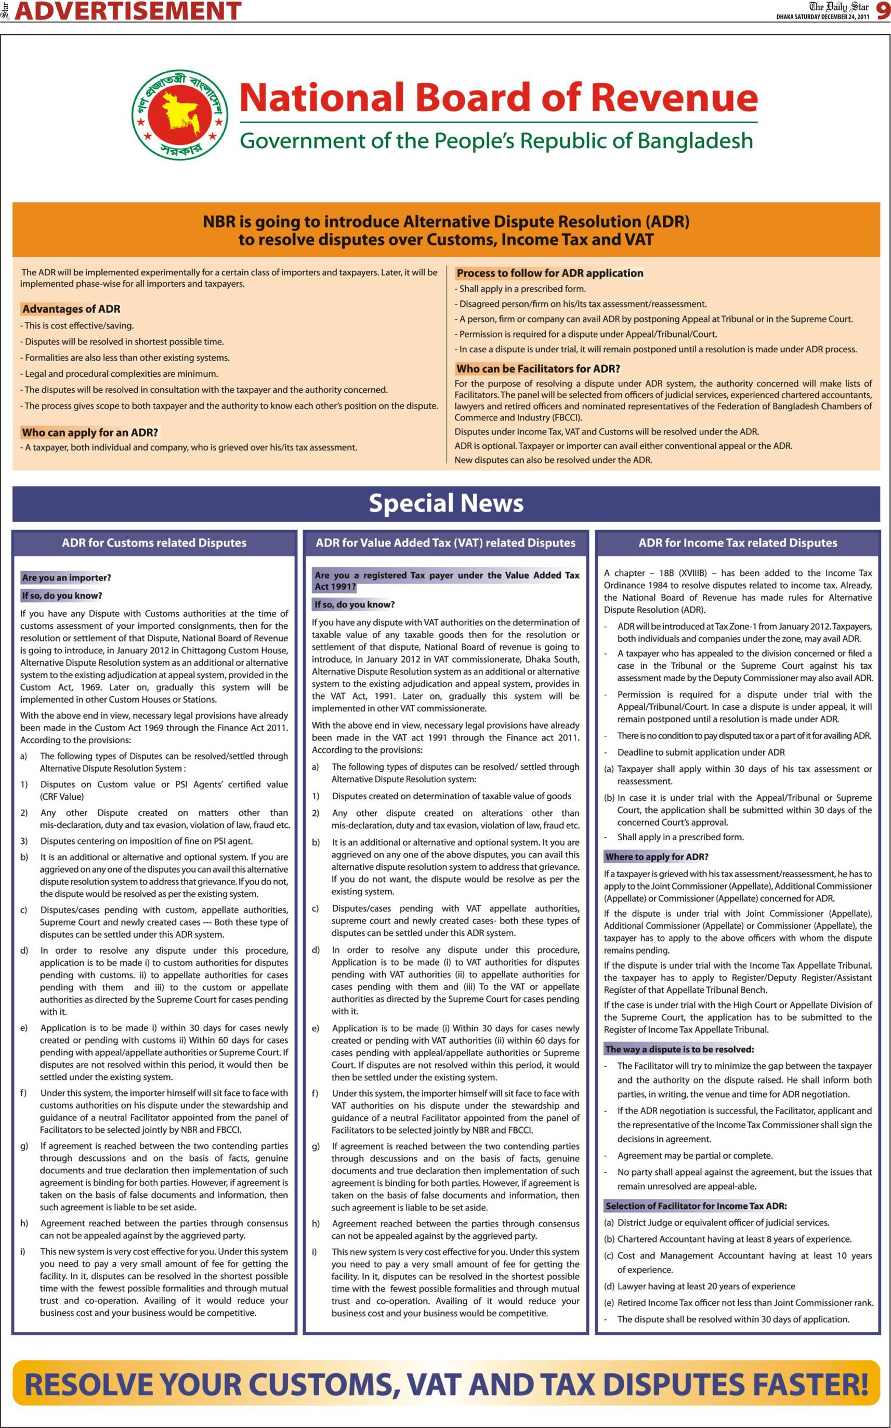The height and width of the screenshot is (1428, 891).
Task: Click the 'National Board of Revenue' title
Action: (498, 98)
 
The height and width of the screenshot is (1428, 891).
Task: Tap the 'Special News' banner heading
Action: (445, 503)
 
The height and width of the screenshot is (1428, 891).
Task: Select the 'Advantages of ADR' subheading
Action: (71, 309)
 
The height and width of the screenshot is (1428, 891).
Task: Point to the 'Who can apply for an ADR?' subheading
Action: (90, 432)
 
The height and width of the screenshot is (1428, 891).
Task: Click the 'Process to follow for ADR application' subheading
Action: (550, 273)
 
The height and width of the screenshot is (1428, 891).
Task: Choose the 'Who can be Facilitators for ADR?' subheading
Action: (538, 369)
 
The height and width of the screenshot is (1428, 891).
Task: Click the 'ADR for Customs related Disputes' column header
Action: (154, 543)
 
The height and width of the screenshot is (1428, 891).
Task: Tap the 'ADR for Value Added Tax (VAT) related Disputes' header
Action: (445, 543)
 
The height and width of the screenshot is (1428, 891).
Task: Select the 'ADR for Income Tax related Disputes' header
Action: (737, 543)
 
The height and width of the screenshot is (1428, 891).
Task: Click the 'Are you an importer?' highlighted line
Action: (67, 577)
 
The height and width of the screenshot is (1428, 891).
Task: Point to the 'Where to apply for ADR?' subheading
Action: (657, 856)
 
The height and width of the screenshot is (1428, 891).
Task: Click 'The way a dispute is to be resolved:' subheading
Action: (679, 1049)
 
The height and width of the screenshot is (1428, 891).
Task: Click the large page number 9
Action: (882, 11)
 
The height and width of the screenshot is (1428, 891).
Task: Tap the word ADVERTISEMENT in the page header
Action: (128, 11)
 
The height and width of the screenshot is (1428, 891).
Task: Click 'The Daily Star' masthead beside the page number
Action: (838, 7)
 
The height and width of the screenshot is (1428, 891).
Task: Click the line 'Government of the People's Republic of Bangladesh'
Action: (496, 141)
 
